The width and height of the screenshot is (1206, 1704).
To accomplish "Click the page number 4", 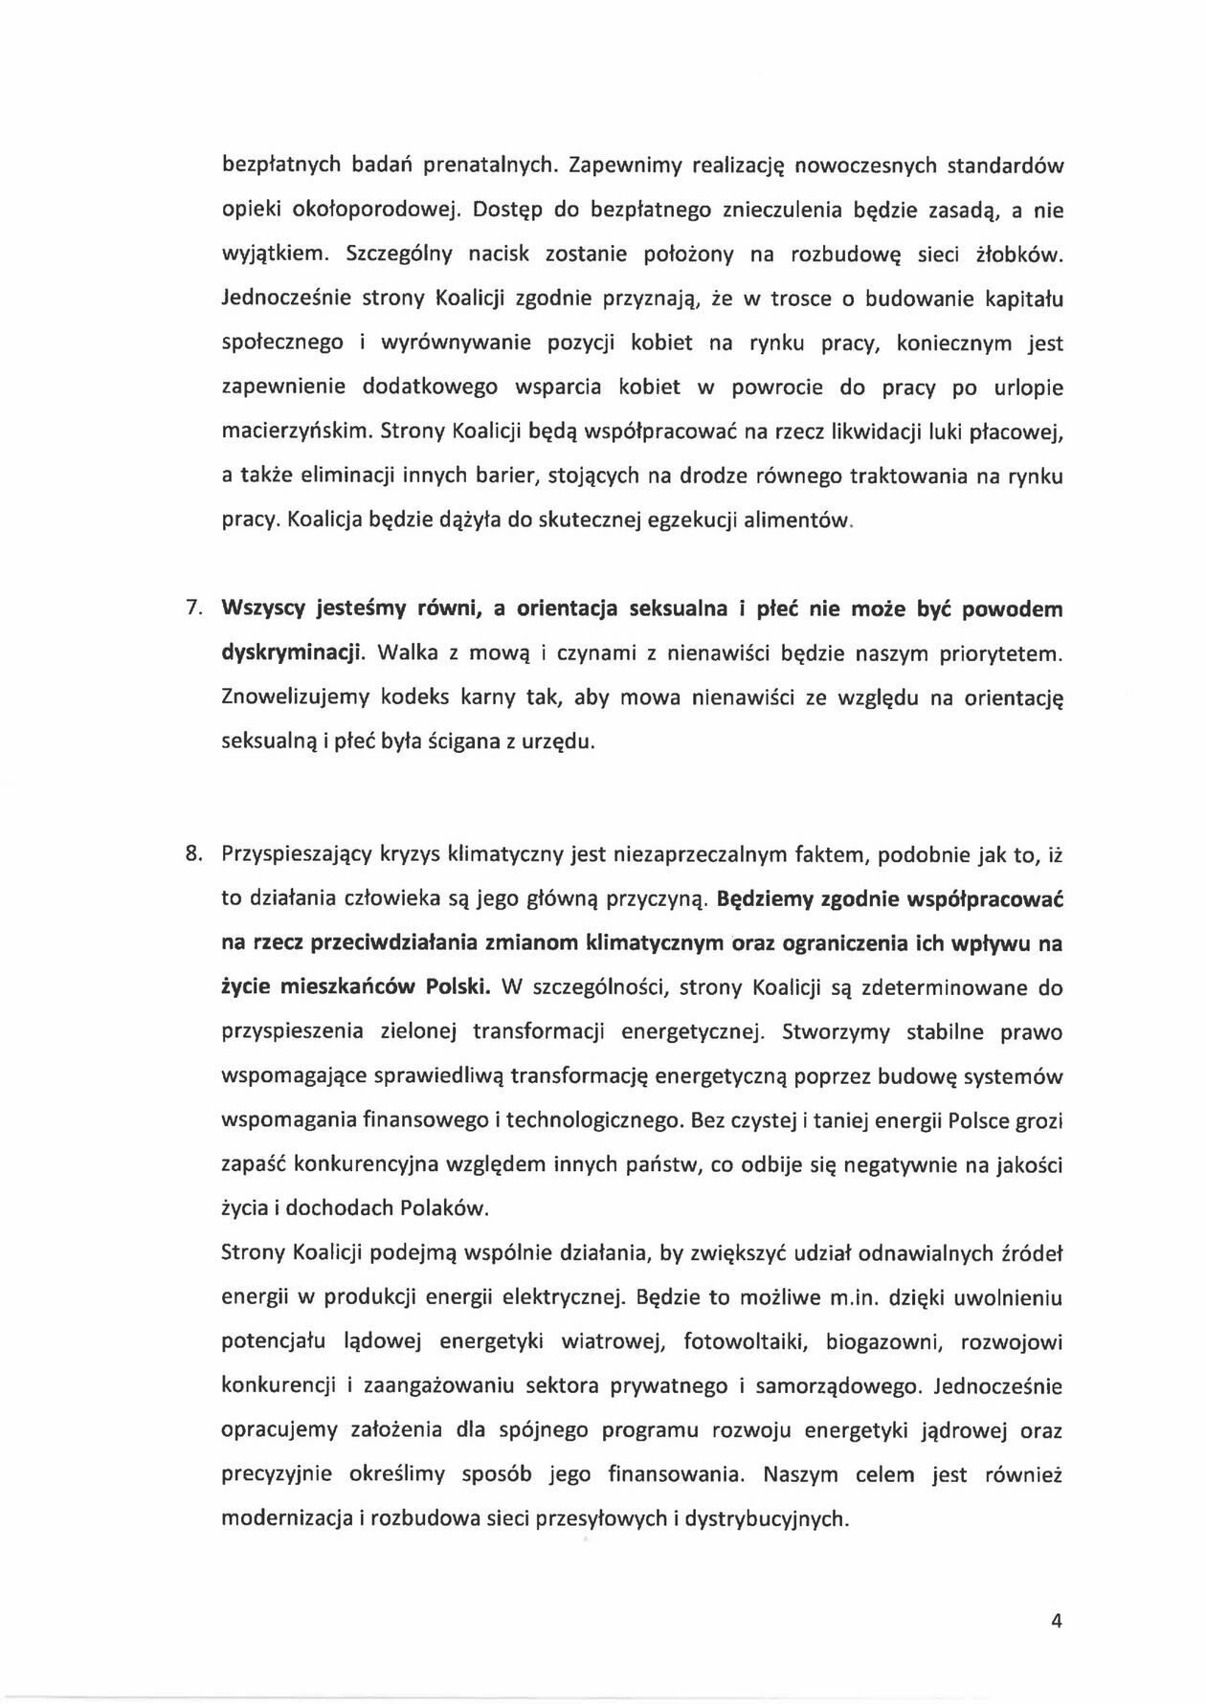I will tap(1057, 1621).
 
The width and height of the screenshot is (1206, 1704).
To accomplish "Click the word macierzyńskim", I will tap(296, 432).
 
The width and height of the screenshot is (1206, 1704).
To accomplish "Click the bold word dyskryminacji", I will tap(293, 653).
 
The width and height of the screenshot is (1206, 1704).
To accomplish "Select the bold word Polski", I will tap(458, 987).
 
